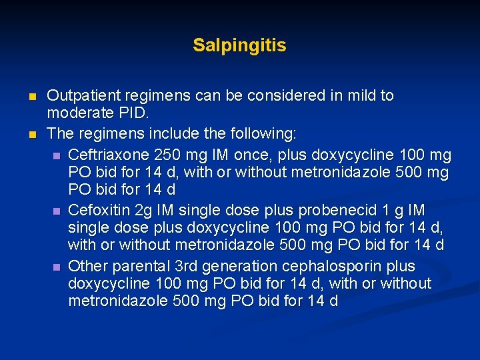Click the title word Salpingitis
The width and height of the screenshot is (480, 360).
click(239, 46)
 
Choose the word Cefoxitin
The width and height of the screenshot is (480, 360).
click(99, 211)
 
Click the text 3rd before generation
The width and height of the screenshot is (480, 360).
click(178, 267)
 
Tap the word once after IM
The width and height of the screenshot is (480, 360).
click(251, 156)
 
